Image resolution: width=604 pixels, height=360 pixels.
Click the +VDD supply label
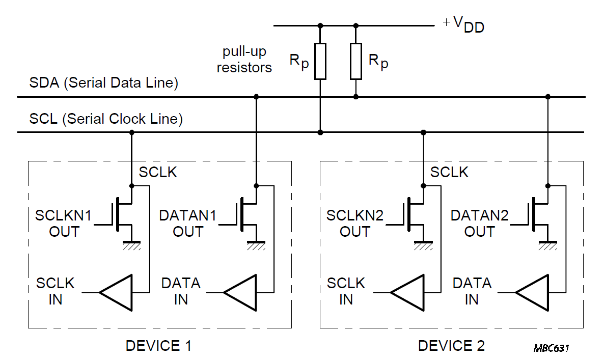coord(463,24)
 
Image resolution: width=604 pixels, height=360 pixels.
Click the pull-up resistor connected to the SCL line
coord(320,61)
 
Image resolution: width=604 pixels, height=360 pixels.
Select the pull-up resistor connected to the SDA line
coord(356,61)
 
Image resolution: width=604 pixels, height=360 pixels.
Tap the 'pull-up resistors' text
coord(244,59)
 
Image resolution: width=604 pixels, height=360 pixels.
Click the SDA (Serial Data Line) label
coord(103,83)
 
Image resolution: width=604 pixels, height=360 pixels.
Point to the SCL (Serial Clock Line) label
coord(106,119)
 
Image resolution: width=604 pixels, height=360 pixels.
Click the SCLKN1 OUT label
coord(64,224)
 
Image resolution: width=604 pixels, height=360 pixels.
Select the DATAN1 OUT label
coord(187,224)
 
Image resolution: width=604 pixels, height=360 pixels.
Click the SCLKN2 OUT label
coord(355,224)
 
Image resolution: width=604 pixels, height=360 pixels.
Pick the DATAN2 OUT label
coord(480,224)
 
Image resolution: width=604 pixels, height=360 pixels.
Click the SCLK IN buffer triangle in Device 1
coord(116,293)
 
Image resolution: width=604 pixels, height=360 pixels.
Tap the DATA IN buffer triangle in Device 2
coord(532,293)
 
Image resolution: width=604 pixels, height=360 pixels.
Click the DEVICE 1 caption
coord(158,346)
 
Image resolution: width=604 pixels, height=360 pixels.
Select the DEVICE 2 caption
coord(451,346)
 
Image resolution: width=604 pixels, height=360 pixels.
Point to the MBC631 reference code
coord(551,348)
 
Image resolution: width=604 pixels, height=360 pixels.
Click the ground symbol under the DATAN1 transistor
coord(256,245)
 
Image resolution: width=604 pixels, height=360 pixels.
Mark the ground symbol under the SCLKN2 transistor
coord(423,245)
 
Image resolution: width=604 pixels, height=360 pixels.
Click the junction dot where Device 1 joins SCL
coord(132,132)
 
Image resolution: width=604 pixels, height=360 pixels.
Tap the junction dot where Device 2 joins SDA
coord(548,97)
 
